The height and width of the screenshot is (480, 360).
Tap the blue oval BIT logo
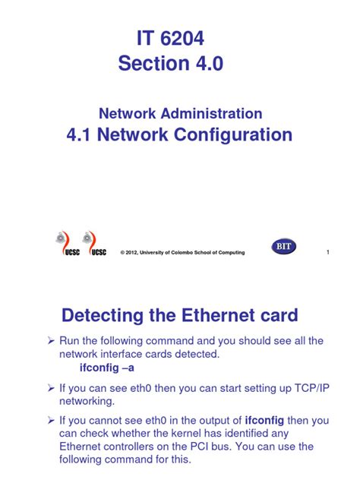283,247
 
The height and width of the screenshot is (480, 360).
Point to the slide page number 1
327,252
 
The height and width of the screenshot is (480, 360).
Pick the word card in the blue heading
277,314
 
